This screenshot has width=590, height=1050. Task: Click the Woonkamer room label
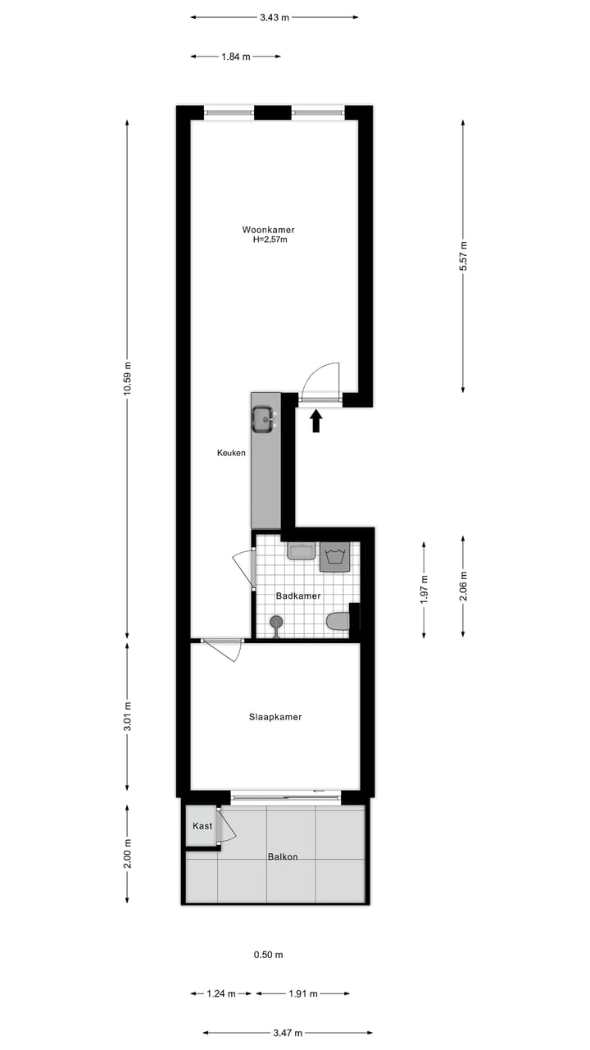click(268, 230)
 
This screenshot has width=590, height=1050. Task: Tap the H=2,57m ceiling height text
click(270, 240)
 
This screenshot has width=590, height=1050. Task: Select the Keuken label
click(231, 453)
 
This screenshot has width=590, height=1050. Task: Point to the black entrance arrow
click(317, 421)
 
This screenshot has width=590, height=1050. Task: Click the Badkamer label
click(298, 596)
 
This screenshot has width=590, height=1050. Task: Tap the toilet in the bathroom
click(337, 622)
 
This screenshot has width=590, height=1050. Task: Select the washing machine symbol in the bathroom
click(334, 557)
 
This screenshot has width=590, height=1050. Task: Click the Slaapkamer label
click(275, 717)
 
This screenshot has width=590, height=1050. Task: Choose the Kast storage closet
click(202, 826)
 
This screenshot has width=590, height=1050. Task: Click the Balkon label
click(283, 857)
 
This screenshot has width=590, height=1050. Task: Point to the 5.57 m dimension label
click(463, 257)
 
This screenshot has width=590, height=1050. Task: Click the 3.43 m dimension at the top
click(275, 17)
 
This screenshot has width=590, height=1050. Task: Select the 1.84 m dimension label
click(235, 57)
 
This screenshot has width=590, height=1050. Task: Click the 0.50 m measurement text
click(268, 955)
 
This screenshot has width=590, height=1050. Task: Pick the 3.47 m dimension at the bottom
click(288, 1033)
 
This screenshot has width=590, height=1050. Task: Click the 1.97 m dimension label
click(424, 588)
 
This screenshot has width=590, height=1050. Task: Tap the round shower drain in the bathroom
click(276, 622)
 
